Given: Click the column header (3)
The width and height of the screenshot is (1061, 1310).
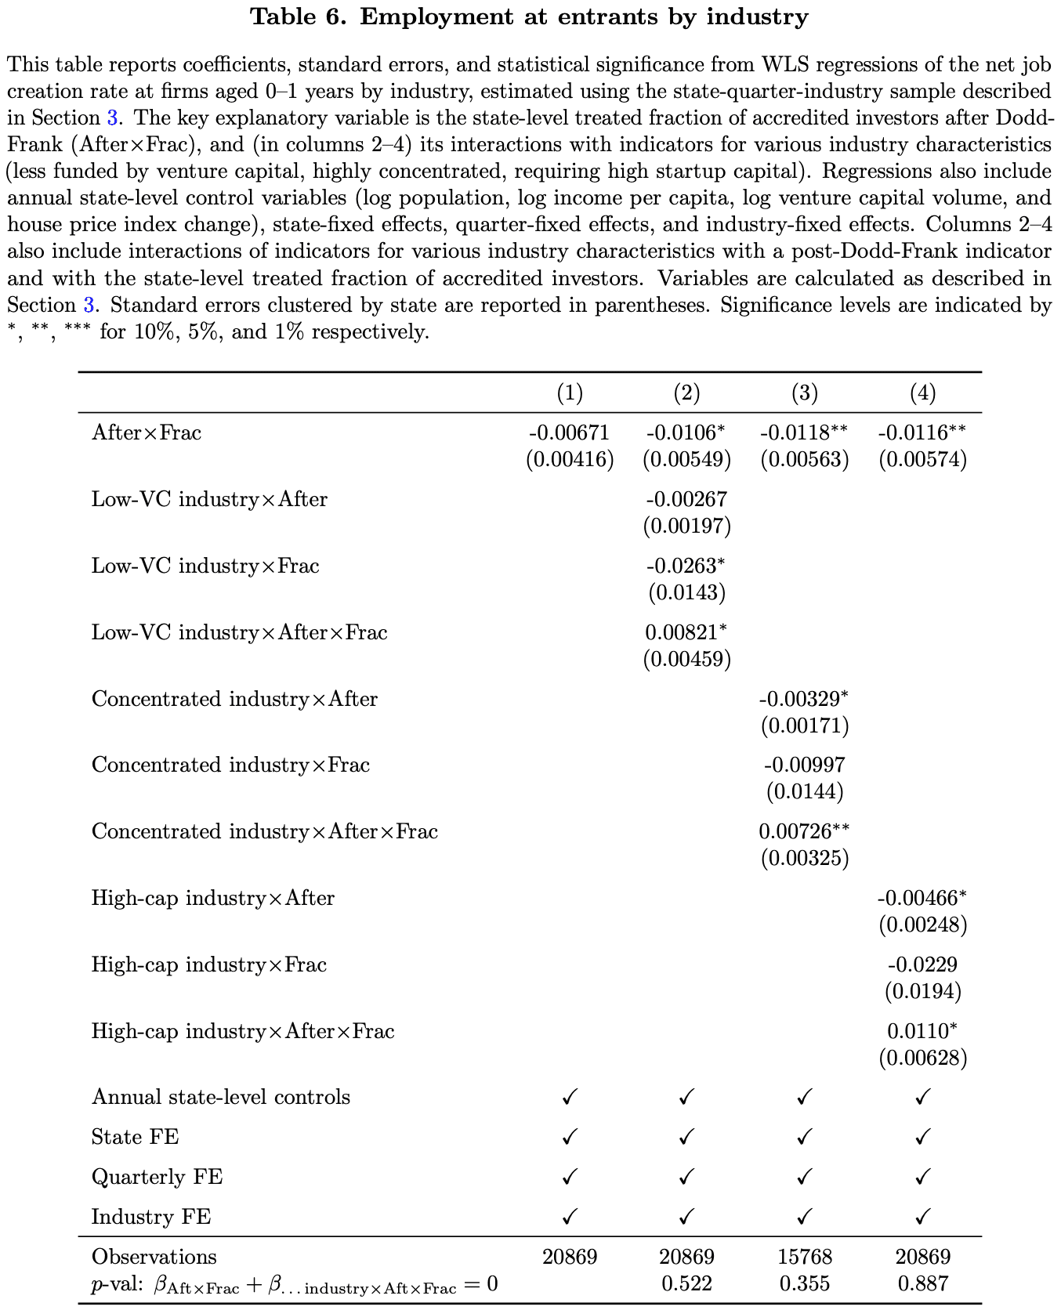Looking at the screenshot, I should (x=804, y=393).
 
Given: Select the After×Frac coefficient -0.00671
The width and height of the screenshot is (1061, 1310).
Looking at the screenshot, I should (x=569, y=432).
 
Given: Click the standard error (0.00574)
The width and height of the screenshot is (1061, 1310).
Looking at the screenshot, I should (x=922, y=459).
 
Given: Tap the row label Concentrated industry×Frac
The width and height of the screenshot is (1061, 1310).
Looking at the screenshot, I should (x=230, y=765).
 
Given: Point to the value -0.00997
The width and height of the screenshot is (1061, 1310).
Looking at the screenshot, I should (x=804, y=765).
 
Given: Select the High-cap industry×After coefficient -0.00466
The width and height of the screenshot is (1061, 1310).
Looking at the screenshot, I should (x=917, y=898).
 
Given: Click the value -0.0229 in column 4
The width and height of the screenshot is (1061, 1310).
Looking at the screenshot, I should (x=922, y=964).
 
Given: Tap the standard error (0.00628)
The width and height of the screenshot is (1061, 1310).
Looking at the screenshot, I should (x=922, y=1058).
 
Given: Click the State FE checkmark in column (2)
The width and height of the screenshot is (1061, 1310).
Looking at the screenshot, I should (x=686, y=1136).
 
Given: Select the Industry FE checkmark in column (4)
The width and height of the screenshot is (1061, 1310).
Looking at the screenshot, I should (x=922, y=1217).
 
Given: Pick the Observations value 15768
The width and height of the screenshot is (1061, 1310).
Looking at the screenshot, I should (x=804, y=1257).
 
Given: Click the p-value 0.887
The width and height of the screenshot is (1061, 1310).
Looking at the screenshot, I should (x=922, y=1283).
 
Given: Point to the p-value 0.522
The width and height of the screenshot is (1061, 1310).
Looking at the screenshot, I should (x=686, y=1283).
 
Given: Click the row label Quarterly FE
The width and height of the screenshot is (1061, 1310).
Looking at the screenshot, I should (x=157, y=1177).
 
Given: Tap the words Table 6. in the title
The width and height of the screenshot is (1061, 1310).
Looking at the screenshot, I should (x=298, y=17).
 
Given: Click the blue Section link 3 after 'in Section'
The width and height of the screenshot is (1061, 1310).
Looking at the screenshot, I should (x=112, y=118).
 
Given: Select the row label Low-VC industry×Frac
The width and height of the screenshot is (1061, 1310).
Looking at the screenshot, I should (x=205, y=566).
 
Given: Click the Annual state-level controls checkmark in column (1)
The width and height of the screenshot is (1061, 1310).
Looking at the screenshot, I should (x=570, y=1097).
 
